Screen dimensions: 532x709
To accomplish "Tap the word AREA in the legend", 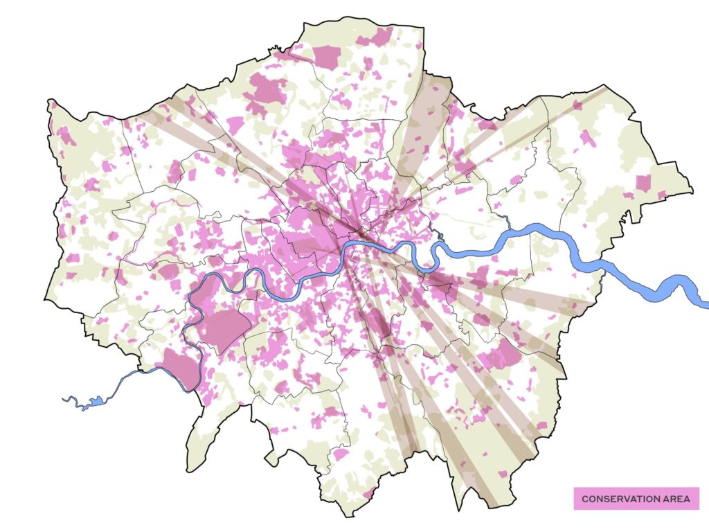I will tap(675, 499).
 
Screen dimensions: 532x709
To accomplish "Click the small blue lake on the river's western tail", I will tap(96, 401).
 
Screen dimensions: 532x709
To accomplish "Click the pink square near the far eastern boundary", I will tap(643, 183).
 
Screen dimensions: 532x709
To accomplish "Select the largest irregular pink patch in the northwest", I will tap(266, 92).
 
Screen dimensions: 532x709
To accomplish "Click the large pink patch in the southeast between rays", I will tap(501, 355).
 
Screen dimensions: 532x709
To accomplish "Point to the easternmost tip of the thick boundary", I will tap(692, 189).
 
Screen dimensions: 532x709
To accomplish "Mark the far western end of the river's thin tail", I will tap(64, 398).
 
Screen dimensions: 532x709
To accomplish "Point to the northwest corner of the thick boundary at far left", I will tap(50, 101).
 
